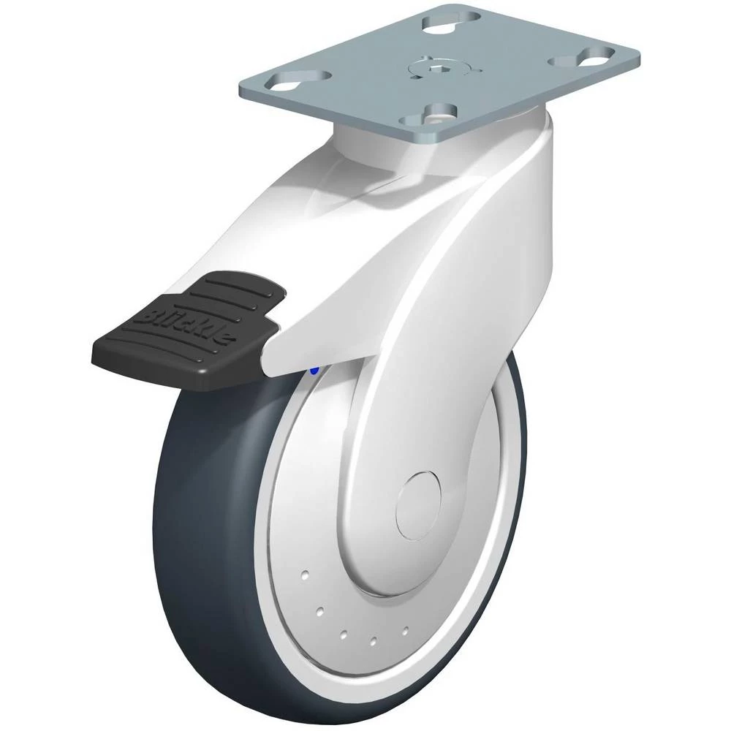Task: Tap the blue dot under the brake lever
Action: pos(314,371)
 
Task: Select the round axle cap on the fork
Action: pos(417,505)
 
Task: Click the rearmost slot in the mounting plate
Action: pos(452,20)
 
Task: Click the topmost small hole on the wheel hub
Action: pos(305,575)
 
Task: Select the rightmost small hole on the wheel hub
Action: pos(405,631)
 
